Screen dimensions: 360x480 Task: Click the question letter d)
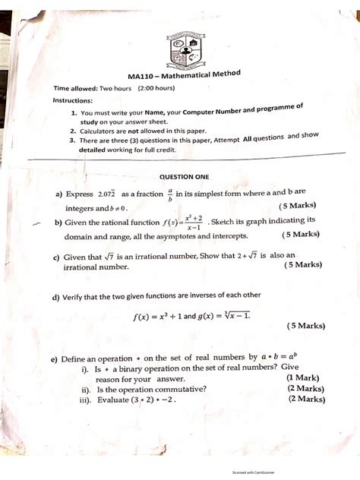[55, 296]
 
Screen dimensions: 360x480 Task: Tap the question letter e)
[54, 358]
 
